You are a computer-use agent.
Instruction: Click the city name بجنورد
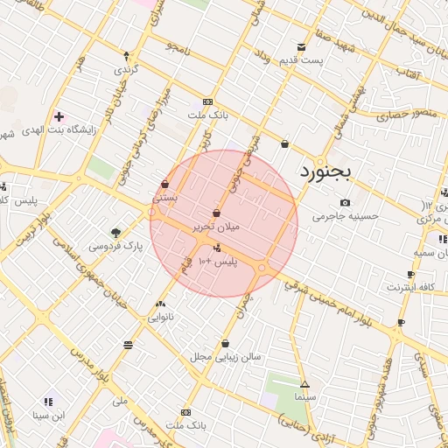tap(325, 171)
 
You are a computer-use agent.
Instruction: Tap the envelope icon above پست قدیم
tap(302, 47)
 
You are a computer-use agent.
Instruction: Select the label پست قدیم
tap(301, 59)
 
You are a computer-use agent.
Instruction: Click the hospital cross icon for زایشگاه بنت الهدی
tap(59, 116)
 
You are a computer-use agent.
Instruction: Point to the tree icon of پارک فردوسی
tap(115, 232)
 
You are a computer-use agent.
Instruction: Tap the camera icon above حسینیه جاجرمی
tap(346, 203)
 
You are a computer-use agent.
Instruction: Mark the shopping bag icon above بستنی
tap(165, 184)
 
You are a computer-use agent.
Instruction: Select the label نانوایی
tap(160, 318)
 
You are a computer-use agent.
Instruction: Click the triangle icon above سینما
tap(304, 385)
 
